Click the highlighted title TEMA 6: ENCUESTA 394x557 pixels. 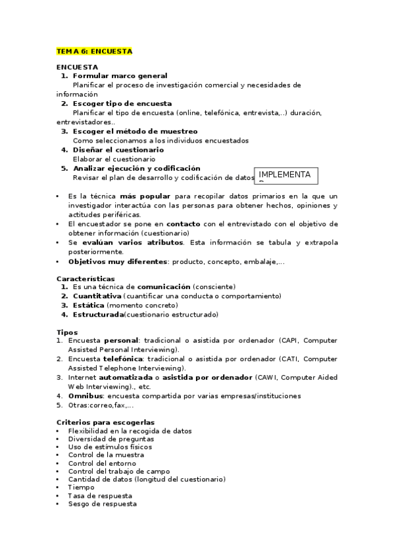95,51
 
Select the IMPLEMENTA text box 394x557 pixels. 285,175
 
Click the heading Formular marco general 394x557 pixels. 120,76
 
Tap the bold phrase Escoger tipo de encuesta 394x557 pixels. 122,104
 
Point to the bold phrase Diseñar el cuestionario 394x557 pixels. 118,150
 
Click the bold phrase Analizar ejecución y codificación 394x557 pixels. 136,168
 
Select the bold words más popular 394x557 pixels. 145,196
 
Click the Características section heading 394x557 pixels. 86,278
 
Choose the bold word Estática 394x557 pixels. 88,305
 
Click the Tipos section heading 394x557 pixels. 67,332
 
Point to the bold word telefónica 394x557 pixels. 122,359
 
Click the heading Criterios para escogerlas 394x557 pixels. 105,422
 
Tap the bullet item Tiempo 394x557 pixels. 82,487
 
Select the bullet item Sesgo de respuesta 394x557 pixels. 103,504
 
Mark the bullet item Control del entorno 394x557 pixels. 102,463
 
